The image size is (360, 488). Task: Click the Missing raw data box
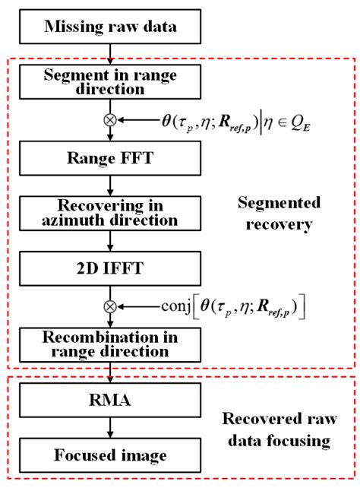[x=111, y=28]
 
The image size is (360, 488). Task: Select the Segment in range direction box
[x=111, y=83]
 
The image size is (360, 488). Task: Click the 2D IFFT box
[x=111, y=268]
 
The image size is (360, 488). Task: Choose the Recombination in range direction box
[x=111, y=344]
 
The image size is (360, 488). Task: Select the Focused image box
[x=111, y=455]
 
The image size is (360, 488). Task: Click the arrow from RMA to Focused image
[x=111, y=429]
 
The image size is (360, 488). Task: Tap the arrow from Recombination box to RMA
[x=111, y=372]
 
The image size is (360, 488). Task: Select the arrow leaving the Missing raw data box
[x=111, y=53]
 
